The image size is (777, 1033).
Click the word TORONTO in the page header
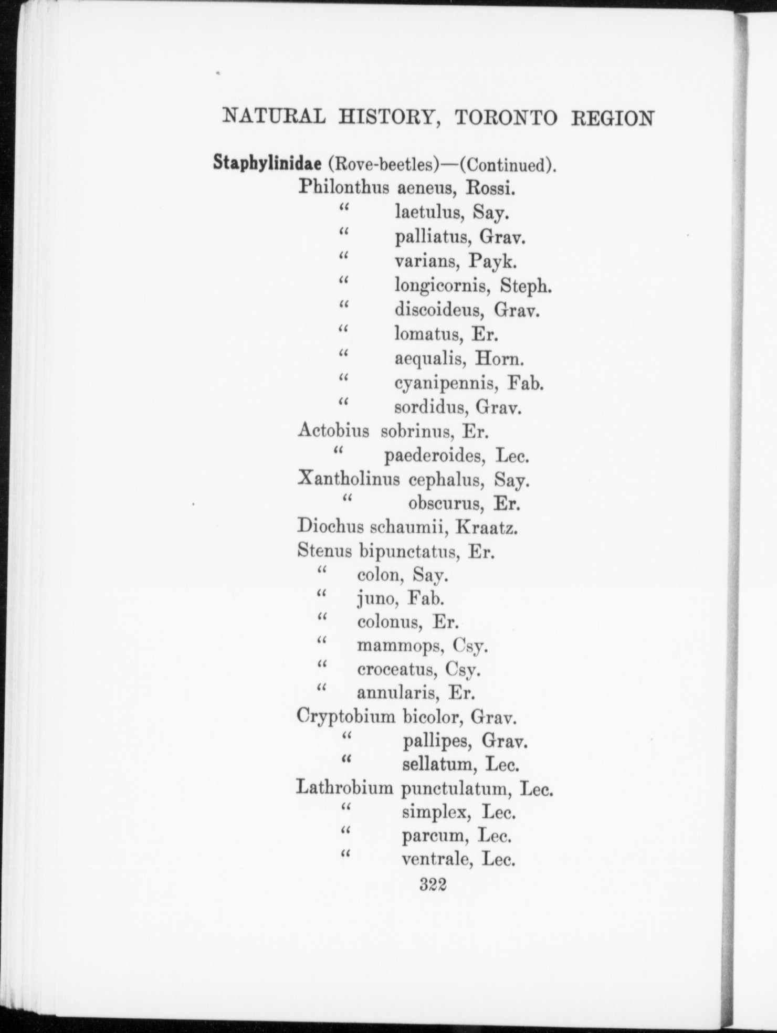coord(506,118)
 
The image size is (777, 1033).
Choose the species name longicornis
coord(443,286)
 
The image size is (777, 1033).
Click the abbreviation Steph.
coord(526,286)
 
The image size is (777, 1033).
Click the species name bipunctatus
coord(407,552)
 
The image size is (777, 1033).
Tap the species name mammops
coord(398,646)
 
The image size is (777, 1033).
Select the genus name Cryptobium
coord(345,717)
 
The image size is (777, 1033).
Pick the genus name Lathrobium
coord(344,789)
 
